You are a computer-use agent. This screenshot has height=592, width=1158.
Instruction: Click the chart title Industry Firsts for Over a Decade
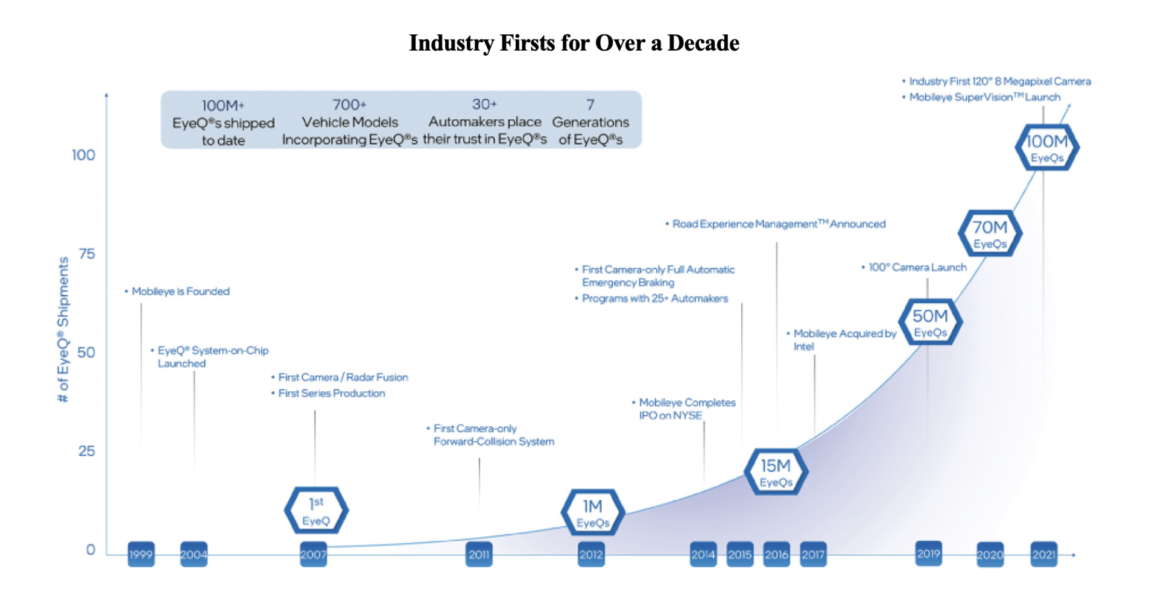(574, 43)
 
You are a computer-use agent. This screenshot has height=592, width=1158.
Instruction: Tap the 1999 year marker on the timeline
(141, 555)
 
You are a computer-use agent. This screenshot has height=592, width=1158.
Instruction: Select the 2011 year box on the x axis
(479, 555)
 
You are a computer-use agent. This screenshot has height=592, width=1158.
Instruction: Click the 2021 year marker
(1043, 555)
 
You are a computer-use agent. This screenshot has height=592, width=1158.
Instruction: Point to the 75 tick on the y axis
(87, 254)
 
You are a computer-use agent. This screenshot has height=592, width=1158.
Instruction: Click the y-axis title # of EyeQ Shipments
(63, 329)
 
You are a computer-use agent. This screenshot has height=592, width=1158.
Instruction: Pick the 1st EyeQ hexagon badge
(316, 511)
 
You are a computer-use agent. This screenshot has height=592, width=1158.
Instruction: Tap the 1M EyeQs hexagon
(592, 512)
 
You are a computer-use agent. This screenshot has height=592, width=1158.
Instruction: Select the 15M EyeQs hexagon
(776, 472)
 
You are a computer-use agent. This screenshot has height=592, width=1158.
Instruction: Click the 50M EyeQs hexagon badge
(930, 323)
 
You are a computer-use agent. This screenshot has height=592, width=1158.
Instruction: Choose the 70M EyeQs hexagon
(990, 233)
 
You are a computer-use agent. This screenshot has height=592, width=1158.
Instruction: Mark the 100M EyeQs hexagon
(1046, 148)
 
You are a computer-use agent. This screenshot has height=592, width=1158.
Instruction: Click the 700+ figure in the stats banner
(350, 105)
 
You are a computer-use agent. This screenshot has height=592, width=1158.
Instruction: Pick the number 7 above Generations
(590, 104)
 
